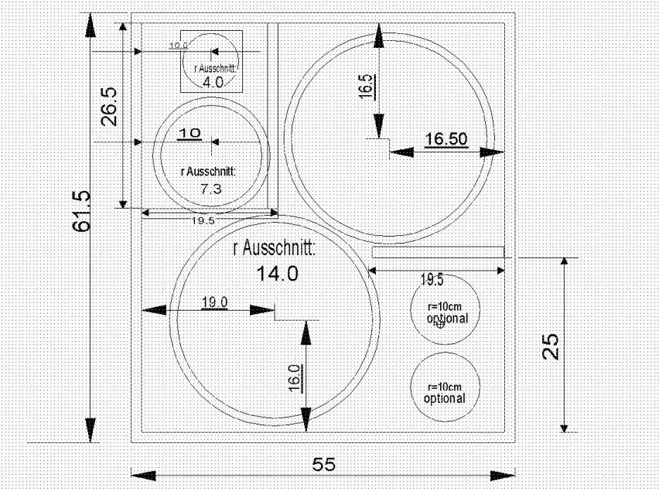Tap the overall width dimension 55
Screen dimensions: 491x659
pyautogui.click(x=323, y=464)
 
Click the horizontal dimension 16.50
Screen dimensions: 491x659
pyautogui.click(x=446, y=139)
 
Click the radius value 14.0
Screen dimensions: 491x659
pyautogui.click(x=276, y=273)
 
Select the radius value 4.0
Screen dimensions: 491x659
pyautogui.click(x=212, y=82)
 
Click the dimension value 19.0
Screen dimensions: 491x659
pyautogui.click(x=214, y=302)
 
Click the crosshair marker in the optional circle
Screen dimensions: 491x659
pyautogui.click(x=441, y=325)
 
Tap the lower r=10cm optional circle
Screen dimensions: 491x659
pyautogui.click(x=445, y=387)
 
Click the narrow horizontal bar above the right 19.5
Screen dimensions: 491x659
pyautogui.click(x=438, y=252)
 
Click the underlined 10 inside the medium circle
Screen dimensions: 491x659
pyautogui.click(x=190, y=133)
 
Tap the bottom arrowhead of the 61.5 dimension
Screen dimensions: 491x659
pyautogui.click(x=92, y=429)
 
